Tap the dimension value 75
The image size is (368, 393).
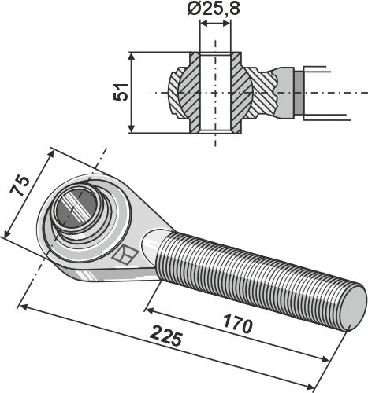coord(20,186)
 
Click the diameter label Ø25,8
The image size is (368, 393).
coord(215,9)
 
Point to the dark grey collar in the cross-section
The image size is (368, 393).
coord(296,93)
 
